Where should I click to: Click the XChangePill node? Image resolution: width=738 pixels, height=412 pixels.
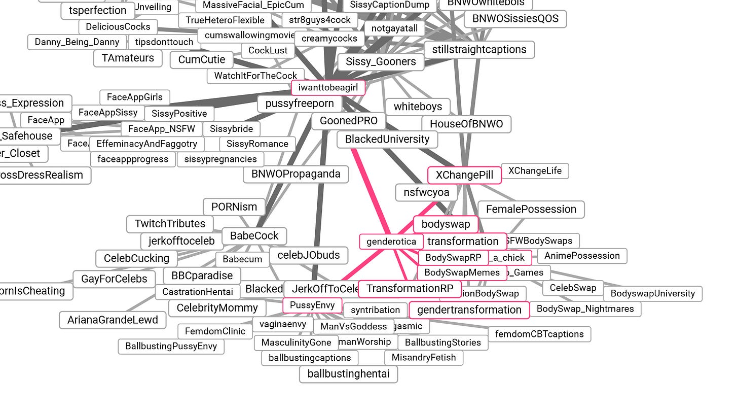point(464,175)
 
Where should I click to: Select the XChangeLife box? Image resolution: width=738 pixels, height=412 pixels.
point(535,171)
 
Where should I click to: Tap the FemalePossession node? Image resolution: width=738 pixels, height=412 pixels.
point(531,209)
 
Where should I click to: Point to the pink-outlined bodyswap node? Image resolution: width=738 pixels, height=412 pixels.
point(446,224)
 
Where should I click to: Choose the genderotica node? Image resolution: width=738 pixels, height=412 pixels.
point(391,242)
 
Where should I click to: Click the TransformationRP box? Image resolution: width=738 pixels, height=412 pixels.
point(410,289)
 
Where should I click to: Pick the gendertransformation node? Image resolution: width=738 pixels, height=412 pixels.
point(469,310)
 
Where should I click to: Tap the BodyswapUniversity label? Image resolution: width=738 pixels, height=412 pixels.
point(652,293)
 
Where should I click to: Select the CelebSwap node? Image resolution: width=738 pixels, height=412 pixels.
point(573,288)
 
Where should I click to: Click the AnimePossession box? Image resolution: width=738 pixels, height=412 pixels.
point(582,256)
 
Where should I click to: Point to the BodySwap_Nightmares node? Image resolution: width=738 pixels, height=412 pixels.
point(585,308)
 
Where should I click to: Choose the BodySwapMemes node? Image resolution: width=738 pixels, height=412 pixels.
point(462,272)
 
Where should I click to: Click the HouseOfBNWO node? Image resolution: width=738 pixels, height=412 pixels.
point(466,124)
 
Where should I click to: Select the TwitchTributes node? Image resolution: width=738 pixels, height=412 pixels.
point(170,223)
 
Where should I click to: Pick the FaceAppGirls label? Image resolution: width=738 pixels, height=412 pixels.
point(135,97)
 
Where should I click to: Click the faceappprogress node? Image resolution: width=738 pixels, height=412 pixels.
point(133,159)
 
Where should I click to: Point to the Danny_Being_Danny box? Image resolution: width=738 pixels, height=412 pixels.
point(77,42)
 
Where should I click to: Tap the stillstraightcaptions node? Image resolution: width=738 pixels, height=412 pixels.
point(479,50)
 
